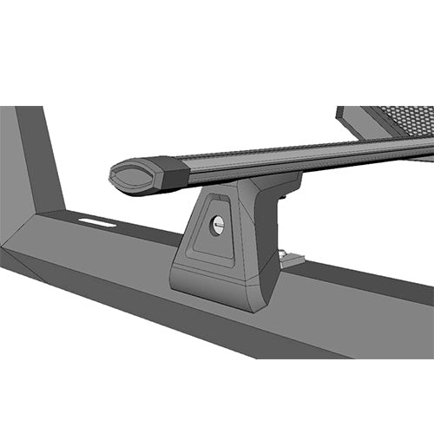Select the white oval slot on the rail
click(96, 222)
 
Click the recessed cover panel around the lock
click(211, 231)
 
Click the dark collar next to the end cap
click(169, 174)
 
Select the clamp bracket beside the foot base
click(293, 258)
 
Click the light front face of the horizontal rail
click(130, 295)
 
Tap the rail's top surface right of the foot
click(365, 278)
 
